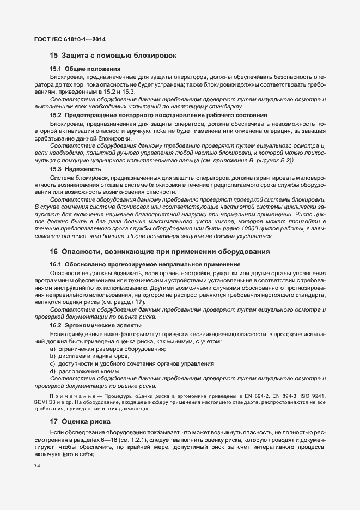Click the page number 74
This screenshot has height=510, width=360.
coord(37,466)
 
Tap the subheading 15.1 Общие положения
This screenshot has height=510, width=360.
coord(85,69)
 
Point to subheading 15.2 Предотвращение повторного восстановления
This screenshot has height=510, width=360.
coord(158,116)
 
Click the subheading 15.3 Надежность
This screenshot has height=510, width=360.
coord(80,169)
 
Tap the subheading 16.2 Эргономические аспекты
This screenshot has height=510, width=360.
coord(95,325)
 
